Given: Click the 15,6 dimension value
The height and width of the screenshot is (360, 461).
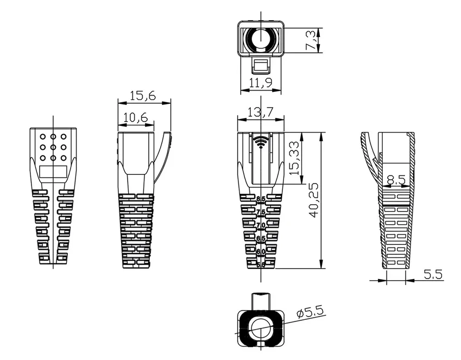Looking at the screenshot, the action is coord(143,96).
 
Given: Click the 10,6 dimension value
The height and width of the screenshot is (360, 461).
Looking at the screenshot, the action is coord(135,117).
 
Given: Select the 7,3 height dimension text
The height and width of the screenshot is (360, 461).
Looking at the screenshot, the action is coord(311,40).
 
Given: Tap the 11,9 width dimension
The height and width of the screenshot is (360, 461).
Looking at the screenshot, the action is coord(261,83).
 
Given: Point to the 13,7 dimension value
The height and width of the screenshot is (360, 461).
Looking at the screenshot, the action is coord(261,112).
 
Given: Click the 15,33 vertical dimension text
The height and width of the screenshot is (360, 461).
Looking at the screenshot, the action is coord(293,158).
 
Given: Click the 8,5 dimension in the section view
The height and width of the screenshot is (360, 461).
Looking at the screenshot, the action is coord(396,179).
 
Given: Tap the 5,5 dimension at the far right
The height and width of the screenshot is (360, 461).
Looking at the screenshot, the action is coord(433,274).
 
